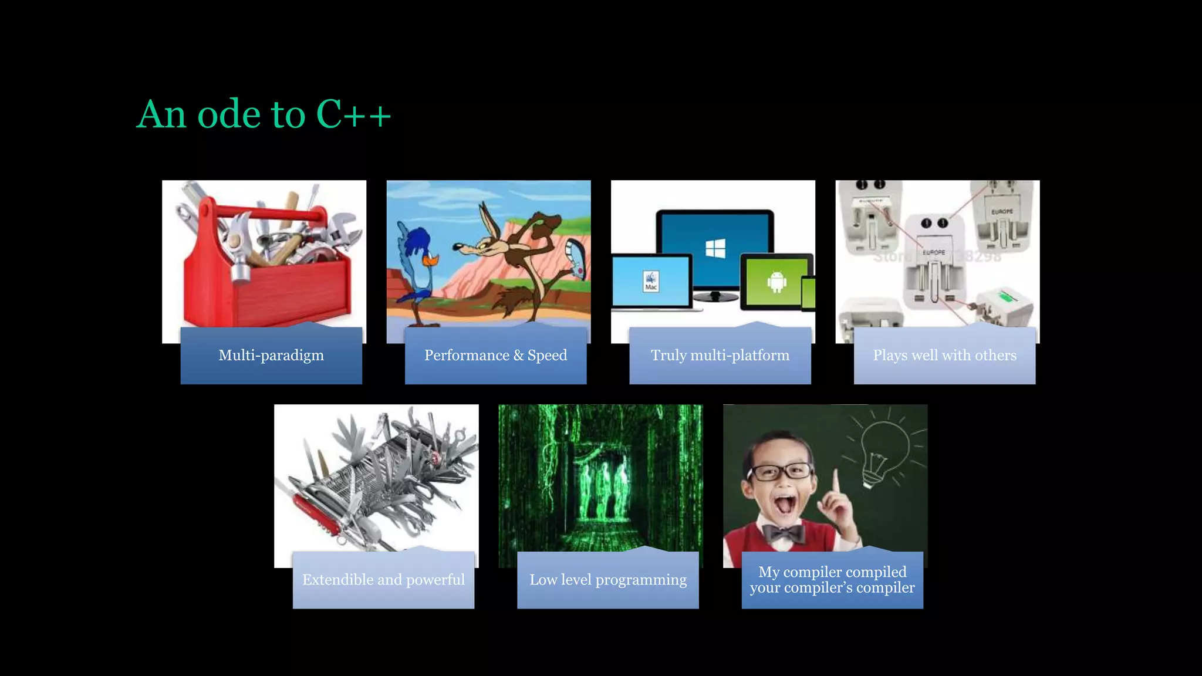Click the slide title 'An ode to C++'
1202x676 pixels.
pos(264,114)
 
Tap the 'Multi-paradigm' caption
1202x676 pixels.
pos(271,355)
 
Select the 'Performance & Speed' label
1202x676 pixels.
pos(495,355)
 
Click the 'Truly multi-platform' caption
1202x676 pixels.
pos(720,355)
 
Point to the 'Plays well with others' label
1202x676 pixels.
pos(944,355)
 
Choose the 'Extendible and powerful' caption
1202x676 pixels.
pos(383,580)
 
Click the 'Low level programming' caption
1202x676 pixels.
pos(608,580)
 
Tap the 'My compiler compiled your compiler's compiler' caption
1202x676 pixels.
pos(832,580)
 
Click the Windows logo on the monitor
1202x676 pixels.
pos(715,248)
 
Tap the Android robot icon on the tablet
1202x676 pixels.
pos(776,282)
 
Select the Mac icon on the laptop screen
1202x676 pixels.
pos(651,281)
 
